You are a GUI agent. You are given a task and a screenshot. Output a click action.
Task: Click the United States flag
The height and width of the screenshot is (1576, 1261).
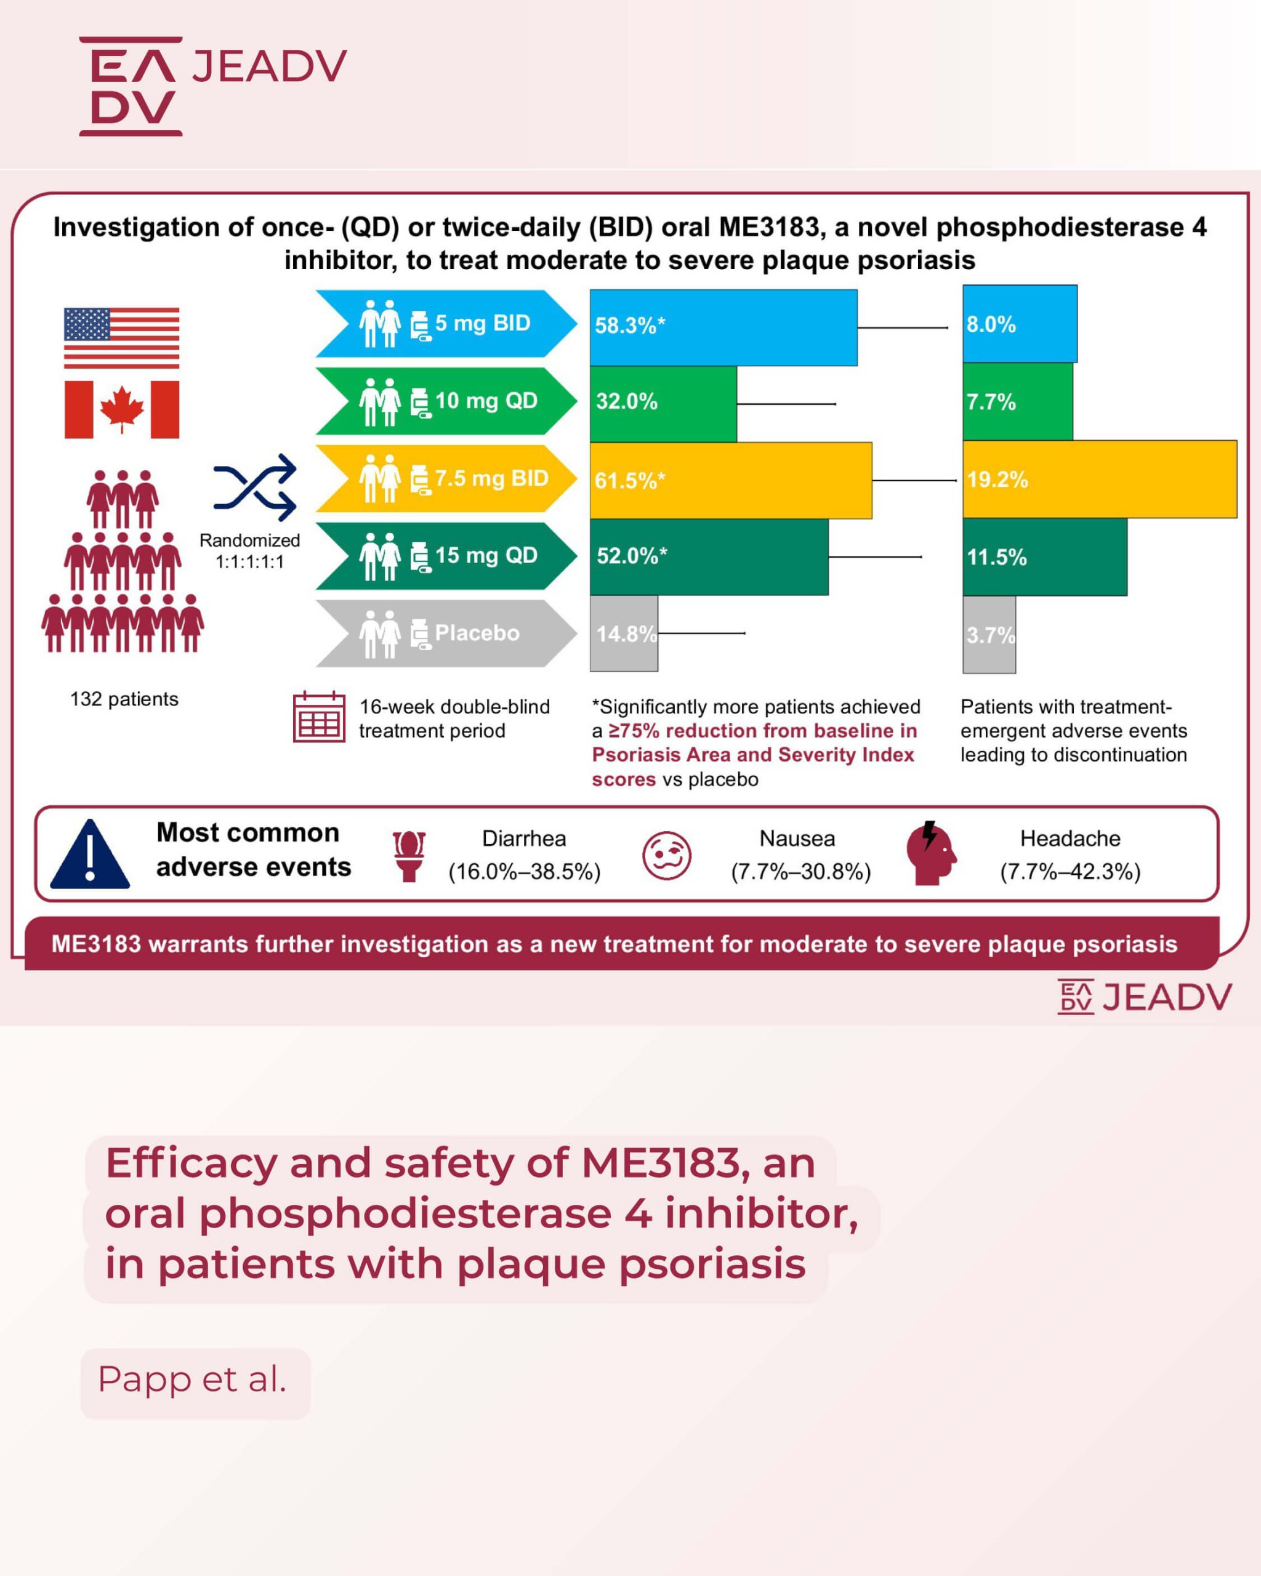click(x=121, y=338)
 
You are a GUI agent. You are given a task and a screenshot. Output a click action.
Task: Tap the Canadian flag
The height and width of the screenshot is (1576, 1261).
click(x=121, y=409)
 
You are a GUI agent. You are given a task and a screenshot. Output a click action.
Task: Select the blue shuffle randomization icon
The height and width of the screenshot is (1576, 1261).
click(x=254, y=487)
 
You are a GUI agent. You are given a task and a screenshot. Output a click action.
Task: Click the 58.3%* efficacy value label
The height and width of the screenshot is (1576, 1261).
click(x=629, y=325)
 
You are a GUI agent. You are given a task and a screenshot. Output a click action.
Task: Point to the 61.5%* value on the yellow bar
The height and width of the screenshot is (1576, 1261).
click(x=629, y=480)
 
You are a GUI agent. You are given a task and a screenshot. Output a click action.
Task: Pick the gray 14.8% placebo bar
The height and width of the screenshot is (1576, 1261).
click(x=624, y=633)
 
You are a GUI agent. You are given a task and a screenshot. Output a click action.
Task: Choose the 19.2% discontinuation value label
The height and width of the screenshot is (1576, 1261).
click(x=997, y=480)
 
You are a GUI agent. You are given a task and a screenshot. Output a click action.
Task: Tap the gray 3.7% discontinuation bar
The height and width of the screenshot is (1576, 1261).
click(x=989, y=635)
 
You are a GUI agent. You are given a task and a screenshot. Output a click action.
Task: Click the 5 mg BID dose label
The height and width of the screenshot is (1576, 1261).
click(x=483, y=323)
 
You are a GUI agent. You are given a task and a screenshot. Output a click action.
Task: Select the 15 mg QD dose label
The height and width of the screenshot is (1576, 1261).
click(x=486, y=555)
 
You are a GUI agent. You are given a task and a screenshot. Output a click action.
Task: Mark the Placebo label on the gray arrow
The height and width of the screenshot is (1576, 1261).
click(x=477, y=633)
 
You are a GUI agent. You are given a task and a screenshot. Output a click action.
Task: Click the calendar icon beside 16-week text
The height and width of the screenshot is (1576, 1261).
click(x=319, y=717)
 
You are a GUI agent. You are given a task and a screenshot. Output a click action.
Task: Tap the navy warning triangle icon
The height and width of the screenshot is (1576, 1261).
click(x=90, y=854)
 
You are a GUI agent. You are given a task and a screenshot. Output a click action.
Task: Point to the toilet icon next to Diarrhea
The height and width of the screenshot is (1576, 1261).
click(x=409, y=856)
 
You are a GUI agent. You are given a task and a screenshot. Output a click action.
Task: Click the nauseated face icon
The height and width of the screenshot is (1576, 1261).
click(x=666, y=855)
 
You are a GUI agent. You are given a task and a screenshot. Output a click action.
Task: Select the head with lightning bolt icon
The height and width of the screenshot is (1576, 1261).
click(x=930, y=854)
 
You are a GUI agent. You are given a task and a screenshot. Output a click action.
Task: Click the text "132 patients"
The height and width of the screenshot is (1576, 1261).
click(x=124, y=699)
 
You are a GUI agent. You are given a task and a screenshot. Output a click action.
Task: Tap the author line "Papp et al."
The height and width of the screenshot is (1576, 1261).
click(x=192, y=1380)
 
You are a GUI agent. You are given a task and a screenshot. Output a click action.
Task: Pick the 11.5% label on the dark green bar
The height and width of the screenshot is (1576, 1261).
click(x=996, y=558)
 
